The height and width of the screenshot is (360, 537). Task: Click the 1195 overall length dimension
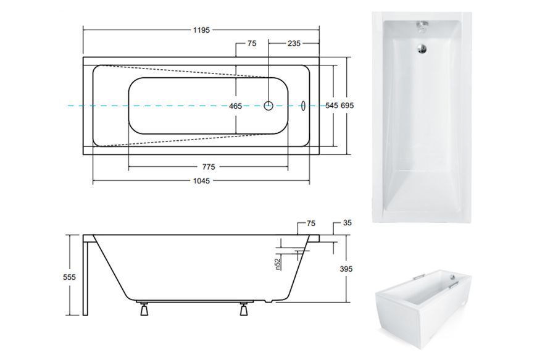click(201, 30)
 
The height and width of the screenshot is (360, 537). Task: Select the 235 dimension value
click(294, 43)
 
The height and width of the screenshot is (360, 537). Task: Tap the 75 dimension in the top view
click(252, 43)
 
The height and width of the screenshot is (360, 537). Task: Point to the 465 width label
click(236, 106)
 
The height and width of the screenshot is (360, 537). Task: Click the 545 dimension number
click(331, 106)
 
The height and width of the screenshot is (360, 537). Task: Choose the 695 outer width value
click(348, 106)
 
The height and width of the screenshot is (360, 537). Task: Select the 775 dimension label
click(209, 167)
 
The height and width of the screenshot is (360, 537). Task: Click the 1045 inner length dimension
click(201, 180)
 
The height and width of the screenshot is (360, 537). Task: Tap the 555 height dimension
click(70, 277)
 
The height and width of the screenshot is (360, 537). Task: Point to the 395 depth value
click(346, 269)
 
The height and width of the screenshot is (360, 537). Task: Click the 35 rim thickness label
click(348, 223)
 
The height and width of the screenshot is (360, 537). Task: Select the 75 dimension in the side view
click(311, 224)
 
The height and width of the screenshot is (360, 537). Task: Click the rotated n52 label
click(278, 264)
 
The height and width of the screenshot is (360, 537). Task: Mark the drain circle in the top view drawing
click(268, 106)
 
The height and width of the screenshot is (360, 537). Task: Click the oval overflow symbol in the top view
click(302, 106)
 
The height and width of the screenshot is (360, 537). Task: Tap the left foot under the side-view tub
click(144, 309)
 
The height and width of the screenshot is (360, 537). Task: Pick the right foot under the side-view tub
click(244, 309)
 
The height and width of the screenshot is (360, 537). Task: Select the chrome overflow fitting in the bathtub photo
click(422, 26)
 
